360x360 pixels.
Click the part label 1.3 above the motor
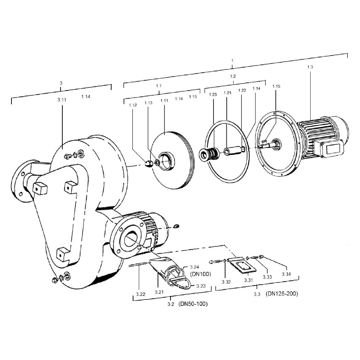[x=310, y=67]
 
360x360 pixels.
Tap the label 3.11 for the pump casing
[x=62, y=100]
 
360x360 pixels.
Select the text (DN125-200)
[x=282, y=294]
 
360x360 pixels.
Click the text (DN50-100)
[x=193, y=304]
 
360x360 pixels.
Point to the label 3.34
[x=286, y=274]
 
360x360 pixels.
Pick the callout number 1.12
[x=133, y=105]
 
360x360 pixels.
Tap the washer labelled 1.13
[x=157, y=163]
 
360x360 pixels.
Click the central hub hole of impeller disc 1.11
[x=166, y=161]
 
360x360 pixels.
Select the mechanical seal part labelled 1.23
[x=209, y=153]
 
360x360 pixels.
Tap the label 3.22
[x=140, y=294]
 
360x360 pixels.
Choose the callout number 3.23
[x=201, y=286]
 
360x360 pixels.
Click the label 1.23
[x=213, y=94]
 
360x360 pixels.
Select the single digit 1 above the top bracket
[x=232, y=61]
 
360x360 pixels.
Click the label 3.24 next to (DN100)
[x=195, y=267]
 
